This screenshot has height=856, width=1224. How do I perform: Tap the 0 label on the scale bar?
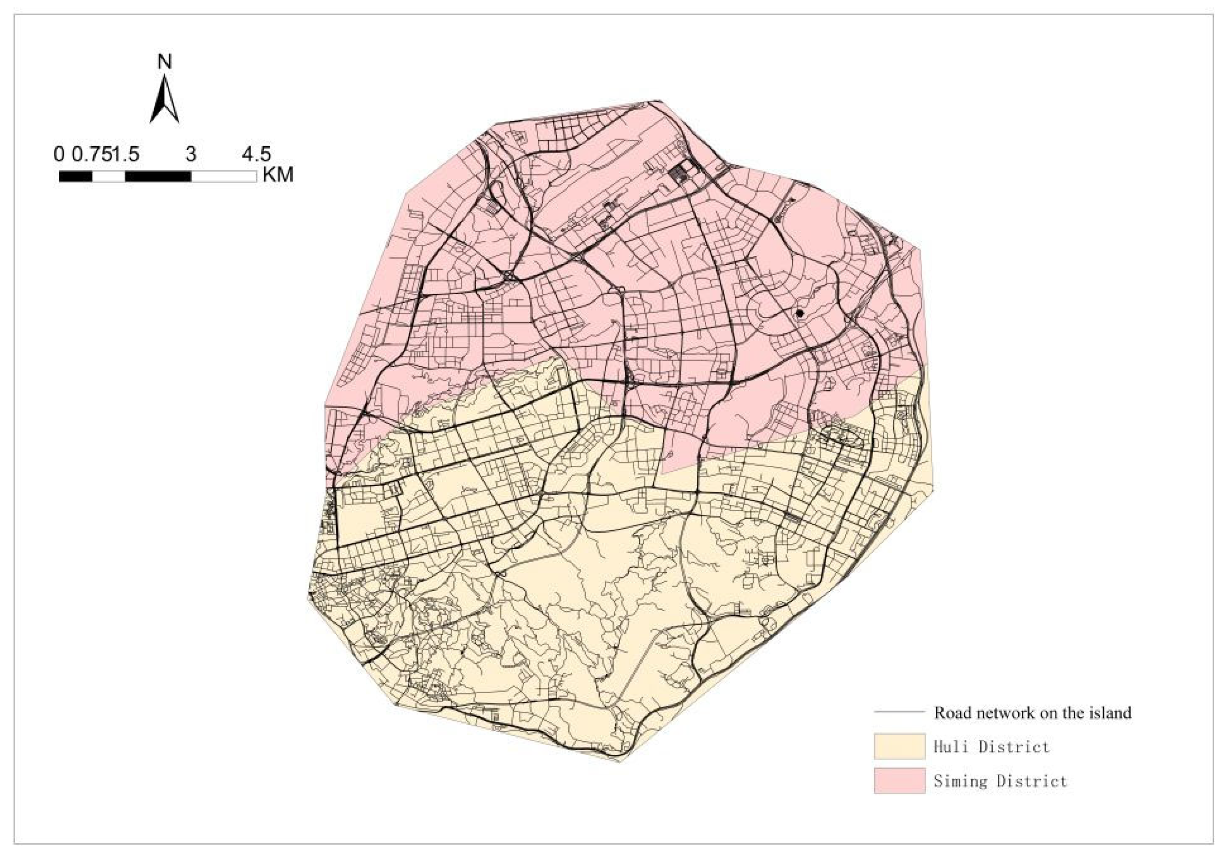point(59,155)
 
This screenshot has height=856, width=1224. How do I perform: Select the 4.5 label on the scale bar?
point(256,155)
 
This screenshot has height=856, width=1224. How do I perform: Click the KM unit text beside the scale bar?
point(278,175)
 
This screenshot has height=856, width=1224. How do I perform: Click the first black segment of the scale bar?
point(75,176)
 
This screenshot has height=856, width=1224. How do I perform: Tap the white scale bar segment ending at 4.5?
point(223,176)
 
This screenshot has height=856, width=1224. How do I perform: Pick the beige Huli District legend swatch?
point(899,746)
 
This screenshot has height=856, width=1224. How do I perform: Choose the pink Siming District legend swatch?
point(899,780)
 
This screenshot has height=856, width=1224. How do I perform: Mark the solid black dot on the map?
point(798,314)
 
